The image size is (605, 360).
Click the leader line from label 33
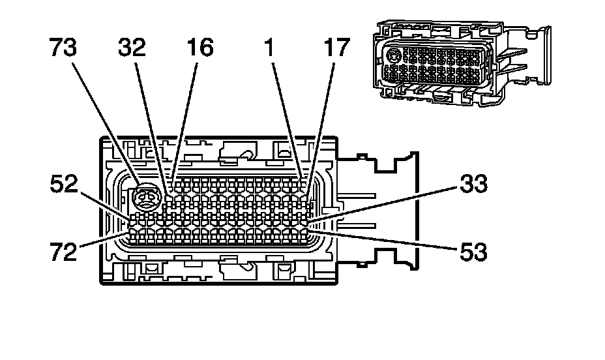point(385,204)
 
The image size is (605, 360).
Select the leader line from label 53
point(385,239)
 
